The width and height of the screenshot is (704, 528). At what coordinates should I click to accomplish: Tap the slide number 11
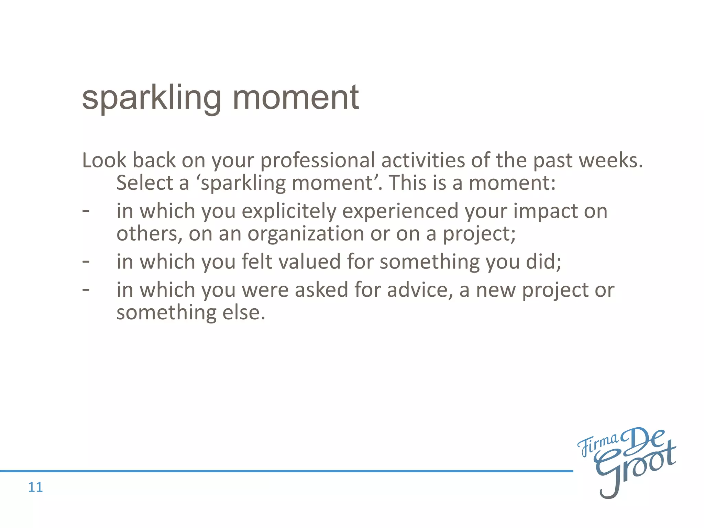(x=35, y=487)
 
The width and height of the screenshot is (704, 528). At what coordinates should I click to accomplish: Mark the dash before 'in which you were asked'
(x=86, y=290)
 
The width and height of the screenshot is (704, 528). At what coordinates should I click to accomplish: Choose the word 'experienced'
(x=400, y=211)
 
